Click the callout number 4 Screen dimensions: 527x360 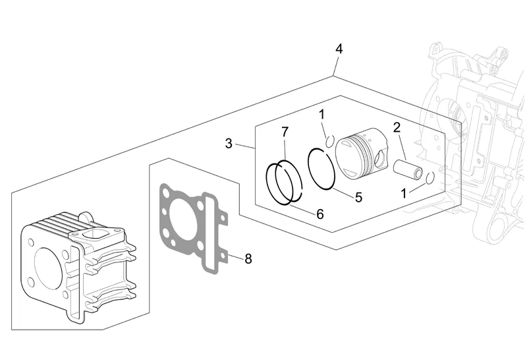[339, 49]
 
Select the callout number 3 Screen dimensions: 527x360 [229, 144]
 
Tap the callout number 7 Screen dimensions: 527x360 [285, 133]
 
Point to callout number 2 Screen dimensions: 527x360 [397, 128]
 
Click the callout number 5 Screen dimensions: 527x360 [358, 197]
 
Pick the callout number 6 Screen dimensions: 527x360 [320, 214]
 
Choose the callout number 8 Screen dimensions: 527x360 [248, 258]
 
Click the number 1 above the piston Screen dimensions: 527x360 [321, 114]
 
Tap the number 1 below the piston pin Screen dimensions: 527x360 [404, 193]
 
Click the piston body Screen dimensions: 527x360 [362, 153]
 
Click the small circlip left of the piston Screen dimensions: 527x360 [330, 142]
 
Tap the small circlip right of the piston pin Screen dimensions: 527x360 [430, 178]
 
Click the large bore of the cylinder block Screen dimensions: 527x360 [48, 268]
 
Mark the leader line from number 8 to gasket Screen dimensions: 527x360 [236, 256]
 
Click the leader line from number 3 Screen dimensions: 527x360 [245, 146]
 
